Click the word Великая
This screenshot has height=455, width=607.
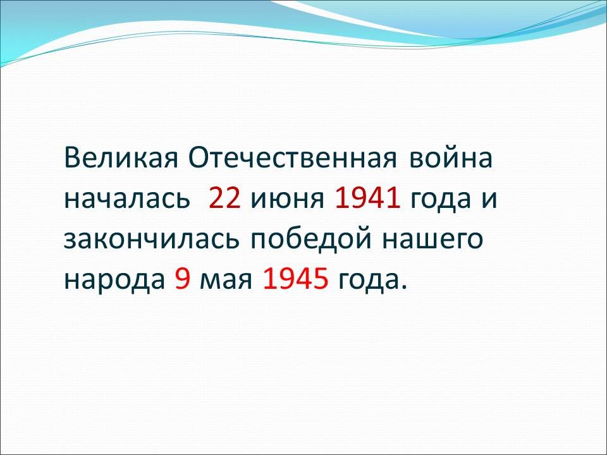tap(121, 158)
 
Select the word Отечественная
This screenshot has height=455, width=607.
tap(293, 158)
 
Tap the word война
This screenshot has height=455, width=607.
tap(451, 158)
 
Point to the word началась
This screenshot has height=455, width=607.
tap(127, 199)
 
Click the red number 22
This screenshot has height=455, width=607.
tap(224, 198)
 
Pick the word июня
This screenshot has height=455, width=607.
tap(287, 199)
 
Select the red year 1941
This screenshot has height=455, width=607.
tap(367, 198)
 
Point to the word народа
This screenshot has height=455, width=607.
tap(114, 281)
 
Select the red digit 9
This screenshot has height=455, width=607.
tap(183, 279)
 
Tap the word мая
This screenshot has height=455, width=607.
tap(226, 281)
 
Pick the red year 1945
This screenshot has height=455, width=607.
tap(296, 279)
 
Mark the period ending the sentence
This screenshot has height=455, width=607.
tap(404, 287)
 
